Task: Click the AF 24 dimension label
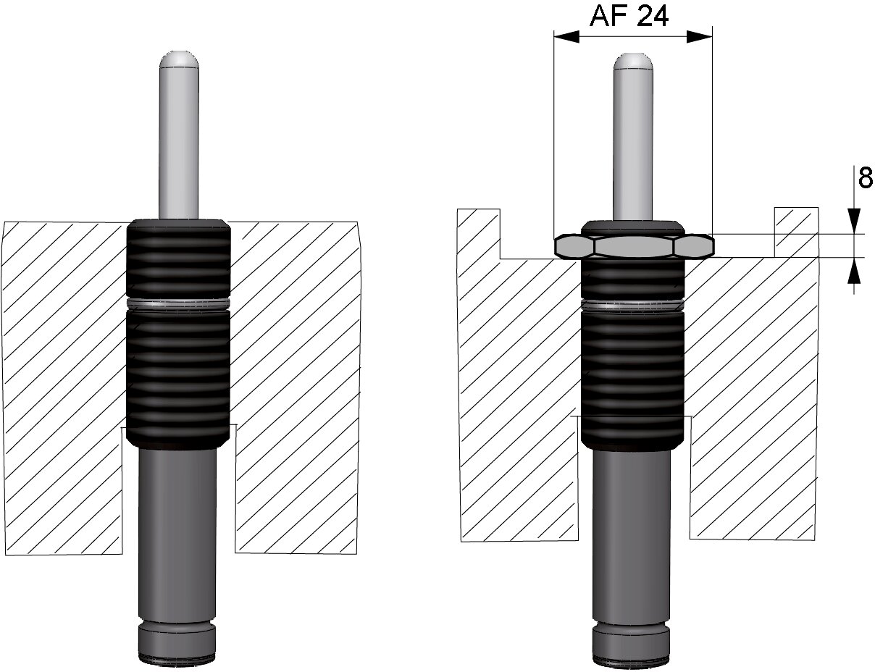coord(629,17)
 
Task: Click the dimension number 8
coord(866,177)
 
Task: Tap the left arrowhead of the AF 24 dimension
coord(566,37)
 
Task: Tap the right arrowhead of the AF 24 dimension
coord(700,37)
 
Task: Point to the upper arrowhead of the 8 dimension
coord(854,221)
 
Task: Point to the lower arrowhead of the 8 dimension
coord(854,269)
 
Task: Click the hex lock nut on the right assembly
coord(635,246)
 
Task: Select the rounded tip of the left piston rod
coord(179,60)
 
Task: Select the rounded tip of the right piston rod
coord(633,62)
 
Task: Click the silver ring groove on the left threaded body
coord(178,304)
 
